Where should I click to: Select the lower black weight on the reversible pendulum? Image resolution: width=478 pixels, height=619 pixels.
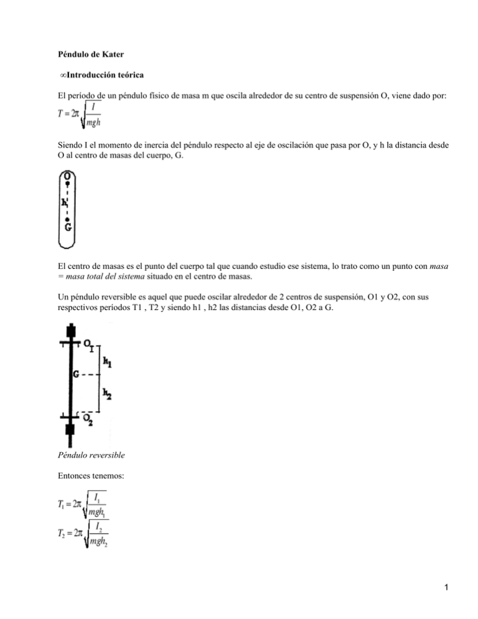click(x=70, y=428)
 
